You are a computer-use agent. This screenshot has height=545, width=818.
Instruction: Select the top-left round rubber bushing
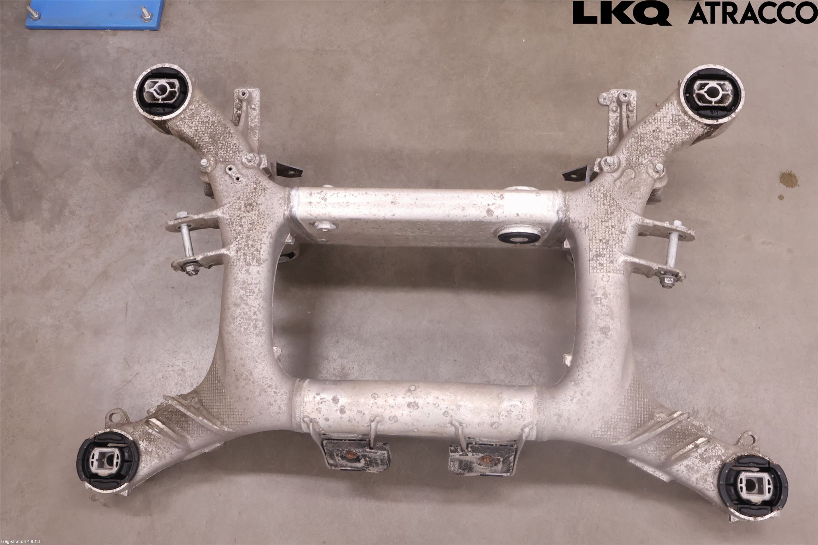point(163,93)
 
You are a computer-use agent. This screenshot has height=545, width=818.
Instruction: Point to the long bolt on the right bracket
point(670,254)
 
